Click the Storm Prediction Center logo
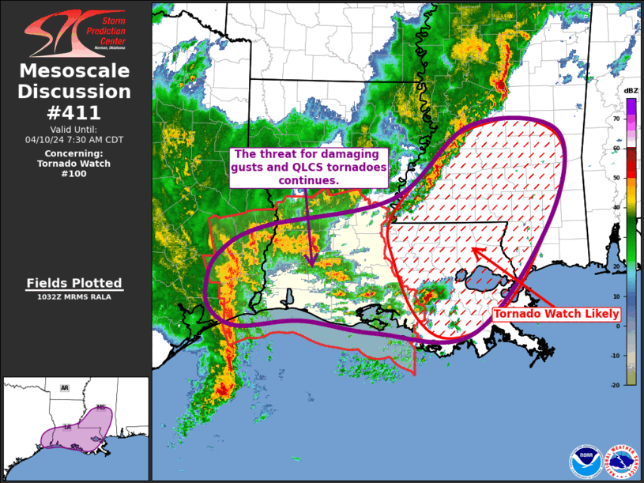pyautogui.click(x=75, y=33)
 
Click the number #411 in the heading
pyautogui.click(x=74, y=112)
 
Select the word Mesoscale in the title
pyautogui.click(x=74, y=72)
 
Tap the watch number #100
pyautogui.click(x=74, y=174)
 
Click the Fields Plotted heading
pyautogui.click(x=74, y=283)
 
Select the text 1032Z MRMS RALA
pyautogui.click(x=74, y=297)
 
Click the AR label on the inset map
pyautogui.click(x=65, y=388)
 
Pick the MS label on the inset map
pyautogui.click(x=100, y=408)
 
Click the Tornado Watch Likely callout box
pyautogui.click(x=556, y=314)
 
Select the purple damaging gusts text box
pyautogui.click(x=309, y=167)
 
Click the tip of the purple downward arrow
pyautogui.click(x=313, y=266)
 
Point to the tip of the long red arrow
pyautogui.click(x=473, y=249)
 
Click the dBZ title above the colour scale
pyautogui.click(x=631, y=91)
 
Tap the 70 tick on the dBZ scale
pyautogui.click(x=616, y=118)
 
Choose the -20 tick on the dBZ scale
pyautogui.click(x=615, y=385)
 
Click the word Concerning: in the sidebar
pyautogui.click(x=74, y=153)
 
